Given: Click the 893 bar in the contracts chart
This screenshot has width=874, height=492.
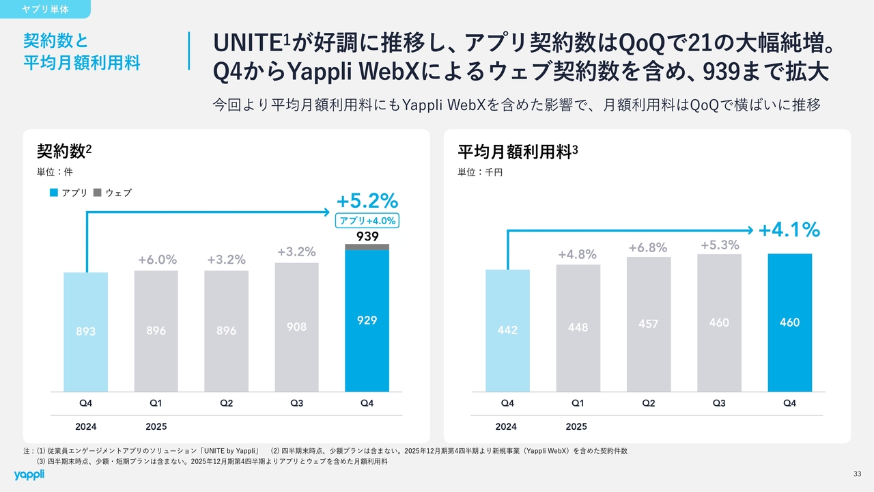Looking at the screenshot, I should tap(85, 332).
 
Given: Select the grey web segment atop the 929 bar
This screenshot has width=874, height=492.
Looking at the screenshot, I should tap(367, 247).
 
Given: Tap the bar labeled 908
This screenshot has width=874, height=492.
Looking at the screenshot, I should tap(296, 327).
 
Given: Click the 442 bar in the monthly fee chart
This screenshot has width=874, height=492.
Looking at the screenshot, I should tap(507, 331).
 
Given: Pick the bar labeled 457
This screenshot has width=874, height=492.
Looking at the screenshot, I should tap(648, 324).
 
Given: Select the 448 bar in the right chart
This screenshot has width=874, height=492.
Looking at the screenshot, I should tap(578, 327).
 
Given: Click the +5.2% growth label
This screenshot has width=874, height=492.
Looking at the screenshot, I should tap(367, 201).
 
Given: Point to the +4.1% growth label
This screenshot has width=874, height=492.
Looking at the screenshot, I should tap(789, 230).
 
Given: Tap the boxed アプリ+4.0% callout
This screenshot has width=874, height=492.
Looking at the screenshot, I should tap(367, 221).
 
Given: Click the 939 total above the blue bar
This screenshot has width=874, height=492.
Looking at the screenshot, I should tap(367, 236).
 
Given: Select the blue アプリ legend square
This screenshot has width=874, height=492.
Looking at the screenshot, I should tap(54, 193).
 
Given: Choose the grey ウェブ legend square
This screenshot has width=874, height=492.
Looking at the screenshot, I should tap(97, 193).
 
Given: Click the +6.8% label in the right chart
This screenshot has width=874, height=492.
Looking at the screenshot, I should tap(648, 247).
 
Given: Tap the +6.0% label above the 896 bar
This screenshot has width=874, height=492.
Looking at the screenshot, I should tap(157, 260).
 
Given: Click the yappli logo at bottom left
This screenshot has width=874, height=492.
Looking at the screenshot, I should tap(29, 474).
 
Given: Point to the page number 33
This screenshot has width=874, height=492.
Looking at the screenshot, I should tap(858, 474).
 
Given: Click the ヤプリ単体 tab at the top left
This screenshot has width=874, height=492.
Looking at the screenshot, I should tap(45, 10).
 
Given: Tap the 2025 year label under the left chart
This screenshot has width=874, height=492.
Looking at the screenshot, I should tap(156, 426).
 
